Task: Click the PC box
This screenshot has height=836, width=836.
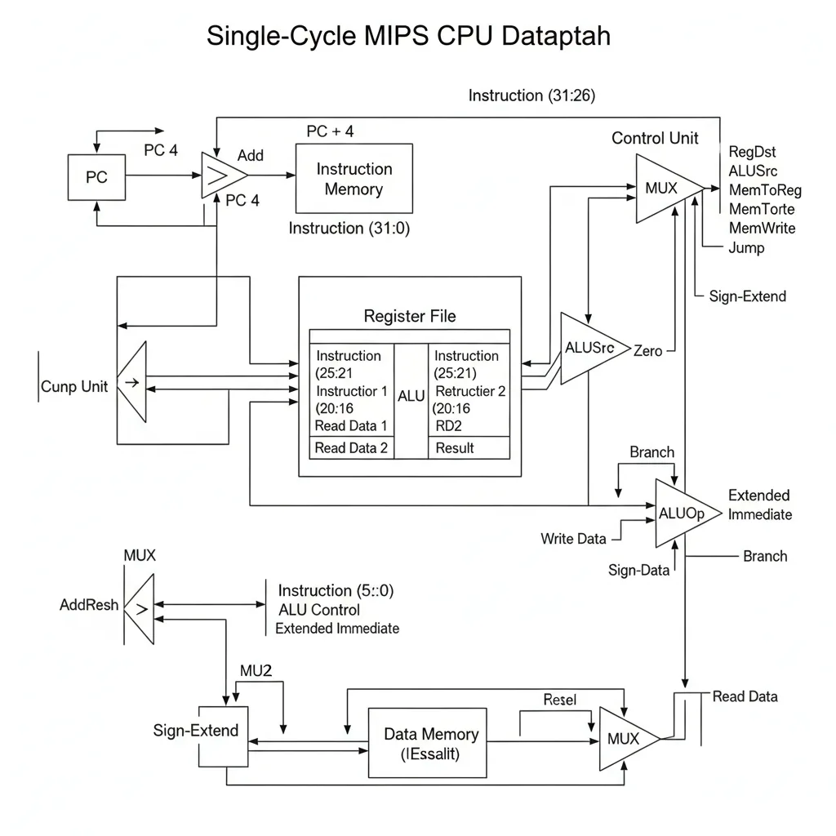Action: tap(96, 177)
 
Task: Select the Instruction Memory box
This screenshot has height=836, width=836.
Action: tap(354, 180)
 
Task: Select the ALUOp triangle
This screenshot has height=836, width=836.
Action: tap(684, 513)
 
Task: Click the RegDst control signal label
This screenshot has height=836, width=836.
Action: tap(752, 152)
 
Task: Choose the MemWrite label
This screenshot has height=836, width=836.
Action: tap(761, 228)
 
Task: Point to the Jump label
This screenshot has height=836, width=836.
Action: tap(746, 247)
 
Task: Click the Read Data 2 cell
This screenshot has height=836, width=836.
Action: tap(351, 447)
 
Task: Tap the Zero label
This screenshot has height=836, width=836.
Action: tap(648, 350)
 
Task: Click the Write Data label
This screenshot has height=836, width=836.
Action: tap(573, 538)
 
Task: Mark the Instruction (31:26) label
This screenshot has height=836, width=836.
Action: tap(531, 96)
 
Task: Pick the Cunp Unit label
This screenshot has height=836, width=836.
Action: tap(74, 386)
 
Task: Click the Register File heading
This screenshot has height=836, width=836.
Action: tap(409, 316)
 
